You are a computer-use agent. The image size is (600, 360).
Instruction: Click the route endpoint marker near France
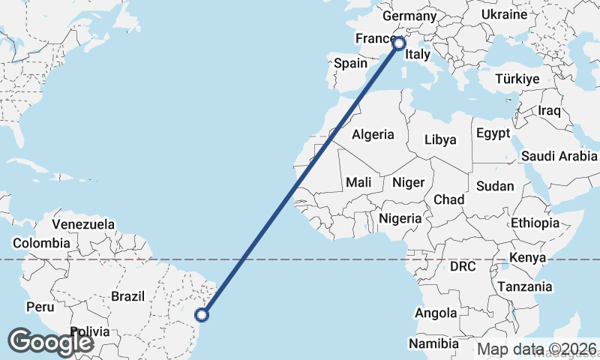point(398,43)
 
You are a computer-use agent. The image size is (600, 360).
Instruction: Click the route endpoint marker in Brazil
point(202,314)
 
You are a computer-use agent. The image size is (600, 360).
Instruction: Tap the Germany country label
point(409,16)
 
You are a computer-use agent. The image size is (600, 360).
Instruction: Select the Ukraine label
point(504,15)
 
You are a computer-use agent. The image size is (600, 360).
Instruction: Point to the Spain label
point(350,64)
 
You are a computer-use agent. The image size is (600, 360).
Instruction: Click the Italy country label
point(417,55)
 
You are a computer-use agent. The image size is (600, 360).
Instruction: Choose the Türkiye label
point(517,79)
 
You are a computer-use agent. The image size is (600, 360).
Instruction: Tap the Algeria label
point(373,135)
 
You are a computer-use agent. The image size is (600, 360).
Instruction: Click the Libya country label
point(439,139)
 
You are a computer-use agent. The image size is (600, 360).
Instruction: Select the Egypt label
point(493,133)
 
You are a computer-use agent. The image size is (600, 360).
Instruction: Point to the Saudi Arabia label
point(559,156)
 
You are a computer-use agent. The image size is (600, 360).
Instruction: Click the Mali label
point(358,182)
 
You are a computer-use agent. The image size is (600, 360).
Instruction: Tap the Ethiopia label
point(535,223)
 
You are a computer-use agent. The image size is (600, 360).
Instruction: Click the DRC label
point(463,266)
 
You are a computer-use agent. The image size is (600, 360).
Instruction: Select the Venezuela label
point(83,224)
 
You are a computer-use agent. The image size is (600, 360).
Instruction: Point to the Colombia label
point(41,243)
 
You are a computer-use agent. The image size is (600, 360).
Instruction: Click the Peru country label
point(40,307)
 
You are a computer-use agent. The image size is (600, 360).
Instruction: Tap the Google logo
point(50,342)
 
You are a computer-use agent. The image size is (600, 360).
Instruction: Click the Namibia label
point(433,343)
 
